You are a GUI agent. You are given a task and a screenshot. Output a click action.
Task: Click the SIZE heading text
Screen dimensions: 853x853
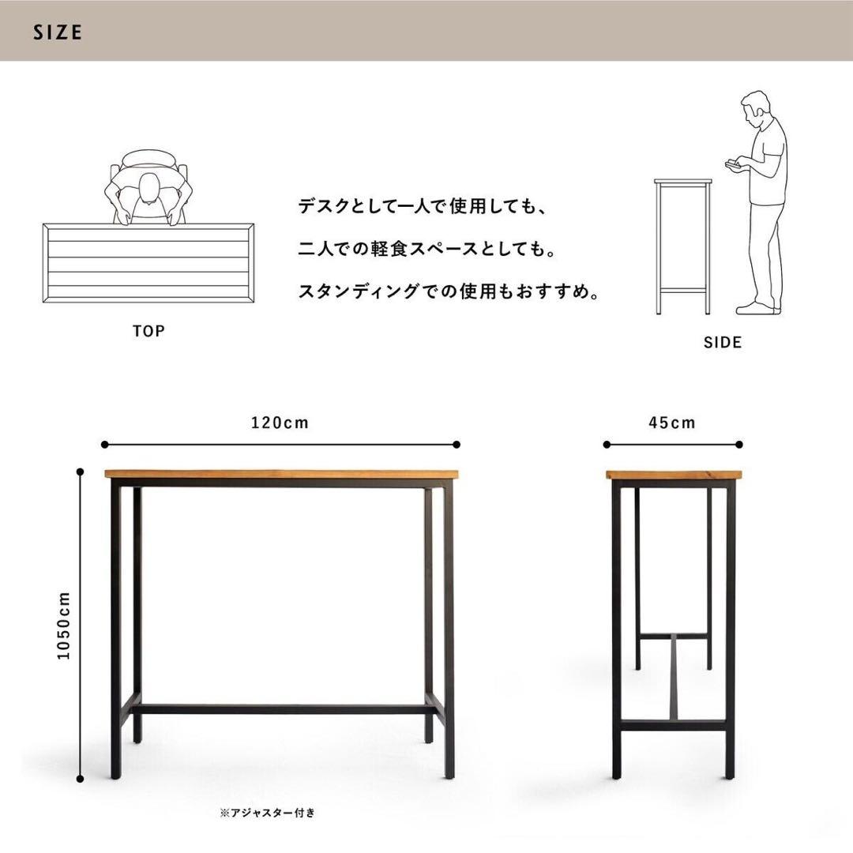coord(58,32)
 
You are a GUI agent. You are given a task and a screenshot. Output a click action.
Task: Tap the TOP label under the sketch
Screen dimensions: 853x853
coord(148,331)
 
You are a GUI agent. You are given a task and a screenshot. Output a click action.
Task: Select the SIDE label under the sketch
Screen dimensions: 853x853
coord(723,343)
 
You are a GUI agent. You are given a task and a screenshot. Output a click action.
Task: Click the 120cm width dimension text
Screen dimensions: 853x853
coord(280,423)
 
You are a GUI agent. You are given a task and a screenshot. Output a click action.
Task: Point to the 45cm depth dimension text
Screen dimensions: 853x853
coord(673,423)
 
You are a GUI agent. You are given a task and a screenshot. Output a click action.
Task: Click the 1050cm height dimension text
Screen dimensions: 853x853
coord(65,626)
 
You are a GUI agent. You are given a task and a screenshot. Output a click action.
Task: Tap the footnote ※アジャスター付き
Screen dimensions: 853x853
coord(267,813)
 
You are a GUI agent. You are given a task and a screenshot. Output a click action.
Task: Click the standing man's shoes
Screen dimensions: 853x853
coord(757,307)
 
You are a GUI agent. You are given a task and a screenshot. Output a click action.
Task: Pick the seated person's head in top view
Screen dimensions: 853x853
coord(148,189)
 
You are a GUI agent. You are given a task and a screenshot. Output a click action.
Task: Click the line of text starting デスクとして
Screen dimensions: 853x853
coord(423,207)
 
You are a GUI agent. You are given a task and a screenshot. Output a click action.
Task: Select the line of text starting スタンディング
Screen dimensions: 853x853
coord(449,292)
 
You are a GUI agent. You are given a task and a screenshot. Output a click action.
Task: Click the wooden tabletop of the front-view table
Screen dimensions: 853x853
coord(281,474)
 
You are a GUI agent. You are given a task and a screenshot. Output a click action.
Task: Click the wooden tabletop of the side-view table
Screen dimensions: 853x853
coord(674,475)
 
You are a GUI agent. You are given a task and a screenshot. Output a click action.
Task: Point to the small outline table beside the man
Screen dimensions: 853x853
coord(683,245)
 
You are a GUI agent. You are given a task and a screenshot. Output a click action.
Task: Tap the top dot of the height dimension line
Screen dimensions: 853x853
coord(80,472)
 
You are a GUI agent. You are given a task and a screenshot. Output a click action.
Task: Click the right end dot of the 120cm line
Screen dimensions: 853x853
coord(457,445)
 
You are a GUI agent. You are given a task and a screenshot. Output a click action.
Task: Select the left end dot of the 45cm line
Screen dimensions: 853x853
coord(607,445)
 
